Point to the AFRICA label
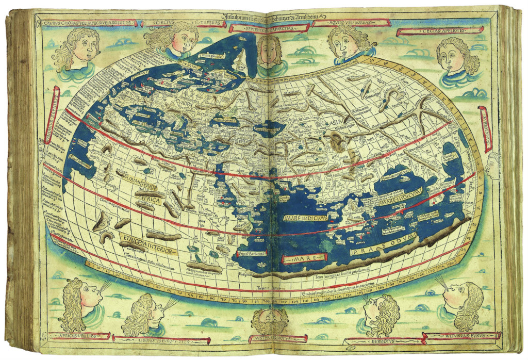tap(145, 196)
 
